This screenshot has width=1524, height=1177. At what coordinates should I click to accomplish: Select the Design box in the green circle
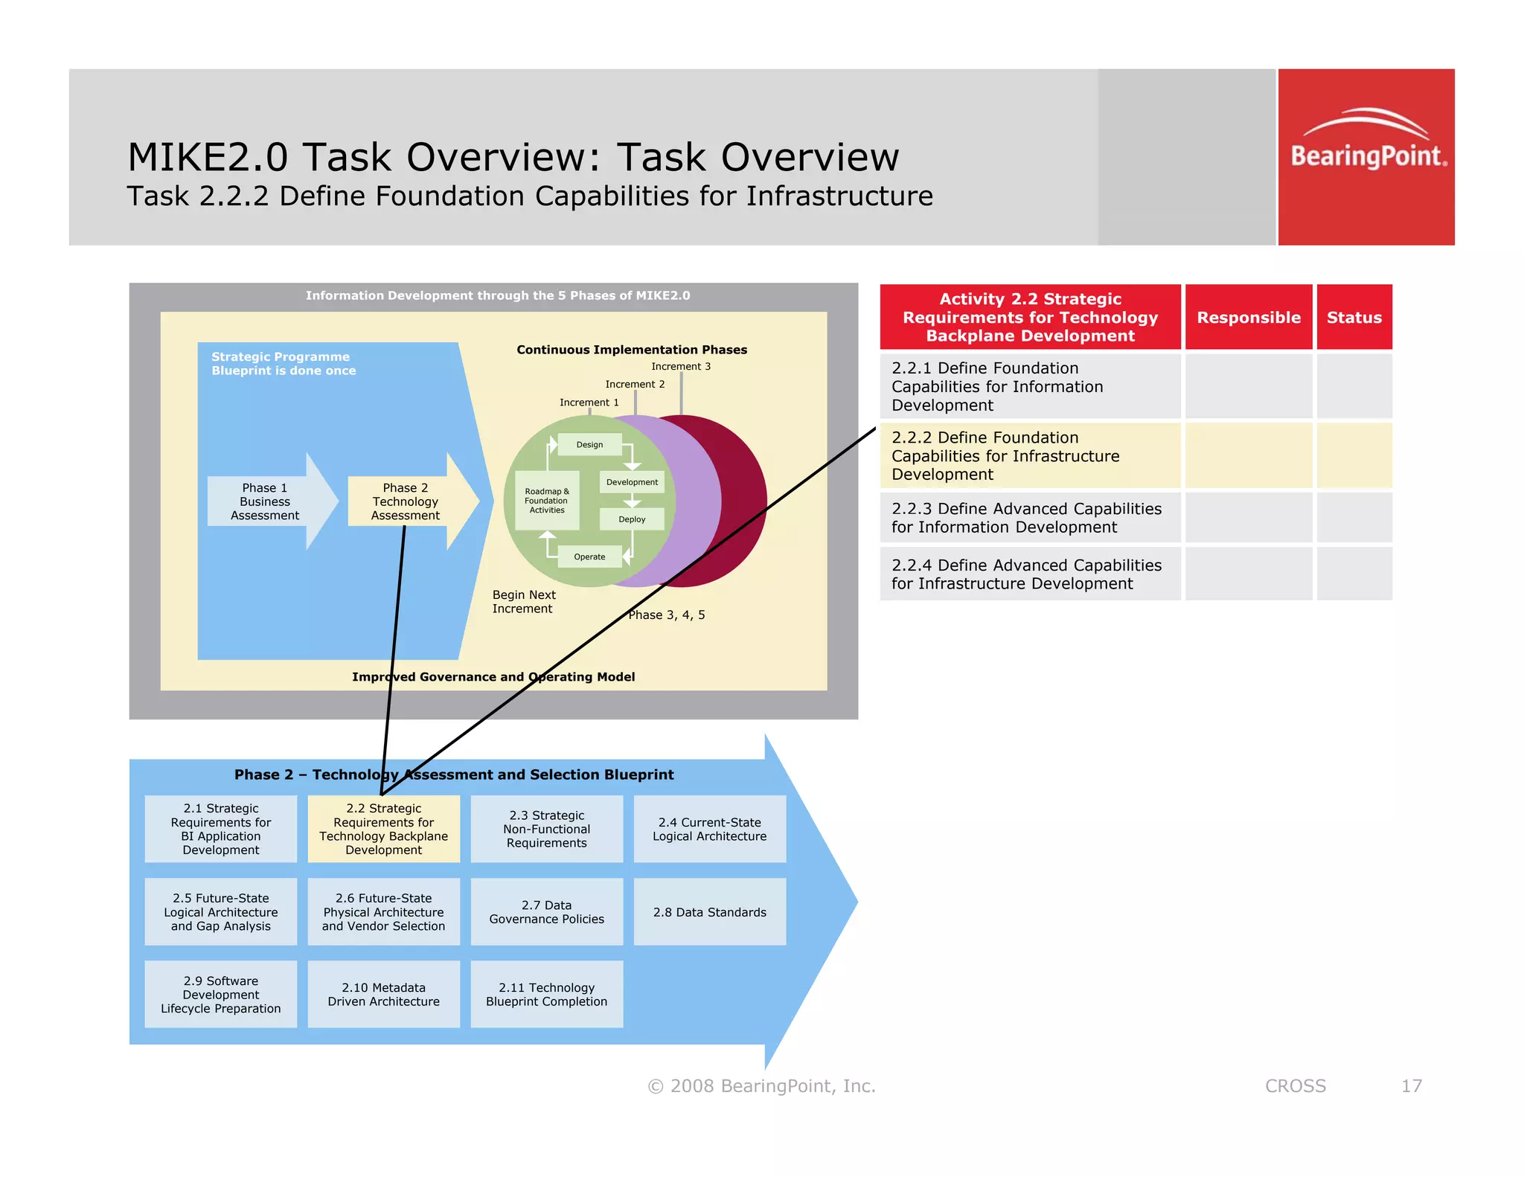(x=589, y=445)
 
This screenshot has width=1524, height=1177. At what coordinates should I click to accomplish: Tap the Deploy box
(x=632, y=519)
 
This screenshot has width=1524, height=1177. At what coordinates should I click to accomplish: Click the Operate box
(x=589, y=557)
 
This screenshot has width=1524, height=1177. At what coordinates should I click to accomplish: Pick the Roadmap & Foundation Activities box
(x=547, y=501)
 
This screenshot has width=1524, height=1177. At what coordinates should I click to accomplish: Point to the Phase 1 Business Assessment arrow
(x=266, y=501)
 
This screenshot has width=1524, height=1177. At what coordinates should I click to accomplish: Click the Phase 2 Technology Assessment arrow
(x=406, y=501)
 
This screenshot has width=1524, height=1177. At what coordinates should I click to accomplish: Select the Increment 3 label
(x=681, y=366)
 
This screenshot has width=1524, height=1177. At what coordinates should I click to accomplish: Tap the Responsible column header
(x=1248, y=318)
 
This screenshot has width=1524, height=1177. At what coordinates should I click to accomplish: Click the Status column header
(x=1354, y=318)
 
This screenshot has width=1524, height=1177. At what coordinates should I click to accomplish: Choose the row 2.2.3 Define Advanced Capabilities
(x=1029, y=518)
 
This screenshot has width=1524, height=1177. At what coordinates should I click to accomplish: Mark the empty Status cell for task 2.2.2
(x=1354, y=455)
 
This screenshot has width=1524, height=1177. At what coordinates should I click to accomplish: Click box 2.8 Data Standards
(x=709, y=912)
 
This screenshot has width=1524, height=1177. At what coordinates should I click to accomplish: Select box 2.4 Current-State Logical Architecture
(x=709, y=829)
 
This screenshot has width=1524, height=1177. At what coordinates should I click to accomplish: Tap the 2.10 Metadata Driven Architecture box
(x=383, y=995)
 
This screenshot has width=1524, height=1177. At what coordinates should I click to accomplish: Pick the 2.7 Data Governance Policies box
(x=546, y=912)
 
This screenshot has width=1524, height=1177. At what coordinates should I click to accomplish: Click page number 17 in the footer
(x=1411, y=1086)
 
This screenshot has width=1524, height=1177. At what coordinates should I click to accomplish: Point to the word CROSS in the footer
(x=1295, y=1086)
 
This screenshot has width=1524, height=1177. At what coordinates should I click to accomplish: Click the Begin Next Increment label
(x=524, y=602)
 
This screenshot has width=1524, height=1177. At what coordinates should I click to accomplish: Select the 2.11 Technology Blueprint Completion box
(x=546, y=995)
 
